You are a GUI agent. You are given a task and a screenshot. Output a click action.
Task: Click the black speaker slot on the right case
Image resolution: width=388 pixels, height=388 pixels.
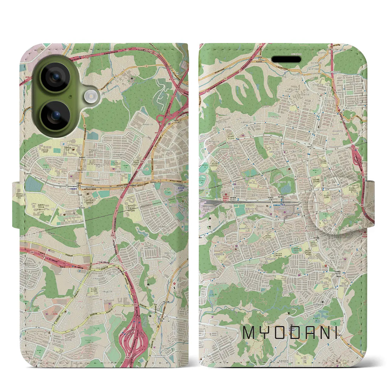click(283, 59)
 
